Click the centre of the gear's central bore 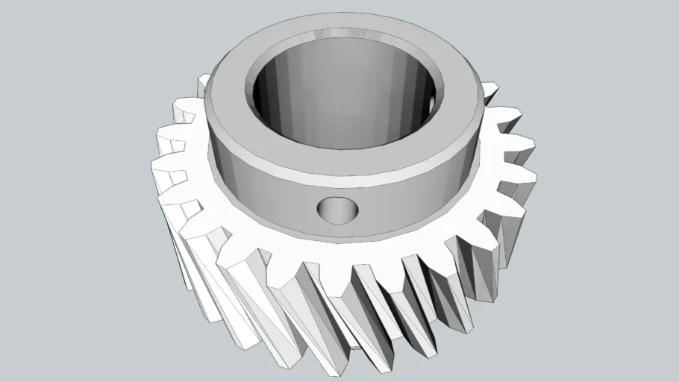click(x=342, y=97)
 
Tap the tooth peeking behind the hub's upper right click(x=489, y=90)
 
